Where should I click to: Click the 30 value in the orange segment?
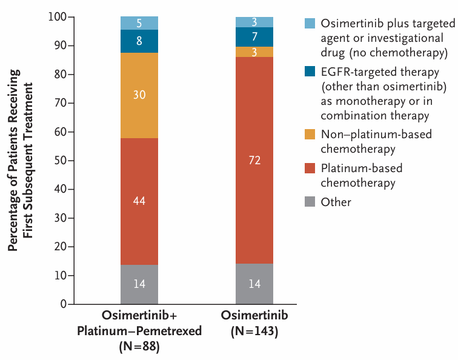[139, 95]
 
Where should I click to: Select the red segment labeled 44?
[139, 200]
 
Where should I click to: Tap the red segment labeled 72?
[254, 160]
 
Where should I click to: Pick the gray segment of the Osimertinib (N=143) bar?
[254, 284]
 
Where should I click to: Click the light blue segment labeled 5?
[139, 23]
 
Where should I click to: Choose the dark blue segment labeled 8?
[139, 42]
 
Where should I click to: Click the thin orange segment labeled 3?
[254, 52]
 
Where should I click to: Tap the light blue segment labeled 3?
[254, 22]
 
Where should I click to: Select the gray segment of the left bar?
[139, 284]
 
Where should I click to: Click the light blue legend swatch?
[310, 24]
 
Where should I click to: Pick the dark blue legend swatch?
[310, 72]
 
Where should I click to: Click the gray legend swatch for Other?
[310, 202]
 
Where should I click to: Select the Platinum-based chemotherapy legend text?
[362, 175]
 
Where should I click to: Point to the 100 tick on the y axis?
[56, 17]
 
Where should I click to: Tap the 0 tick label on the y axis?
[63, 304]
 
